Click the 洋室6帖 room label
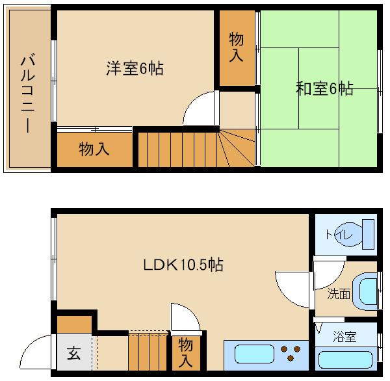pyautogui.click(x=135, y=68)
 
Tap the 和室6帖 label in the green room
pyautogui.click(x=324, y=88)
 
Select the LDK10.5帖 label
pyautogui.click(x=183, y=264)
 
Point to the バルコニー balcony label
pyautogui.click(x=27, y=93)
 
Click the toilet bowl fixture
pyautogui.click(x=348, y=235)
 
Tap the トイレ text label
pyautogui.click(x=339, y=235)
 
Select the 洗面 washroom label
pyautogui.click(x=339, y=294)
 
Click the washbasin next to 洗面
pyautogui.click(x=365, y=291)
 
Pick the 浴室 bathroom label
pyautogui.click(x=344, y=337)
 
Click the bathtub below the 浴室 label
pyautogui.click(x=345, y=360)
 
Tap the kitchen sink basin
pyautogui.click(x=254, y=354)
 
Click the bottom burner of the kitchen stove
pyautogui.click(x=291, y=358)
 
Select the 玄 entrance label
pyautogui.click(x=74, y=353)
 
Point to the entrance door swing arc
pyautogui.click(x=27, y=345)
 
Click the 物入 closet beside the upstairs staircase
pyautogui.click(x=94, y=149)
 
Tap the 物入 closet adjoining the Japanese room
pyautogui.click(x=236, y=47)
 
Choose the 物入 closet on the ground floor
pyautogui.click(x=185, y=352)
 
